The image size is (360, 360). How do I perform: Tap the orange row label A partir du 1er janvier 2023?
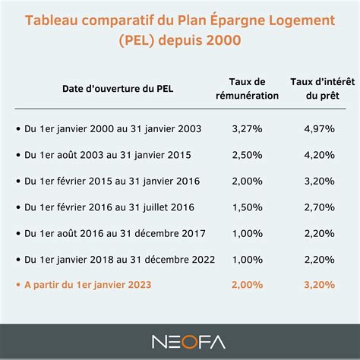click(x=89, y=285)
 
